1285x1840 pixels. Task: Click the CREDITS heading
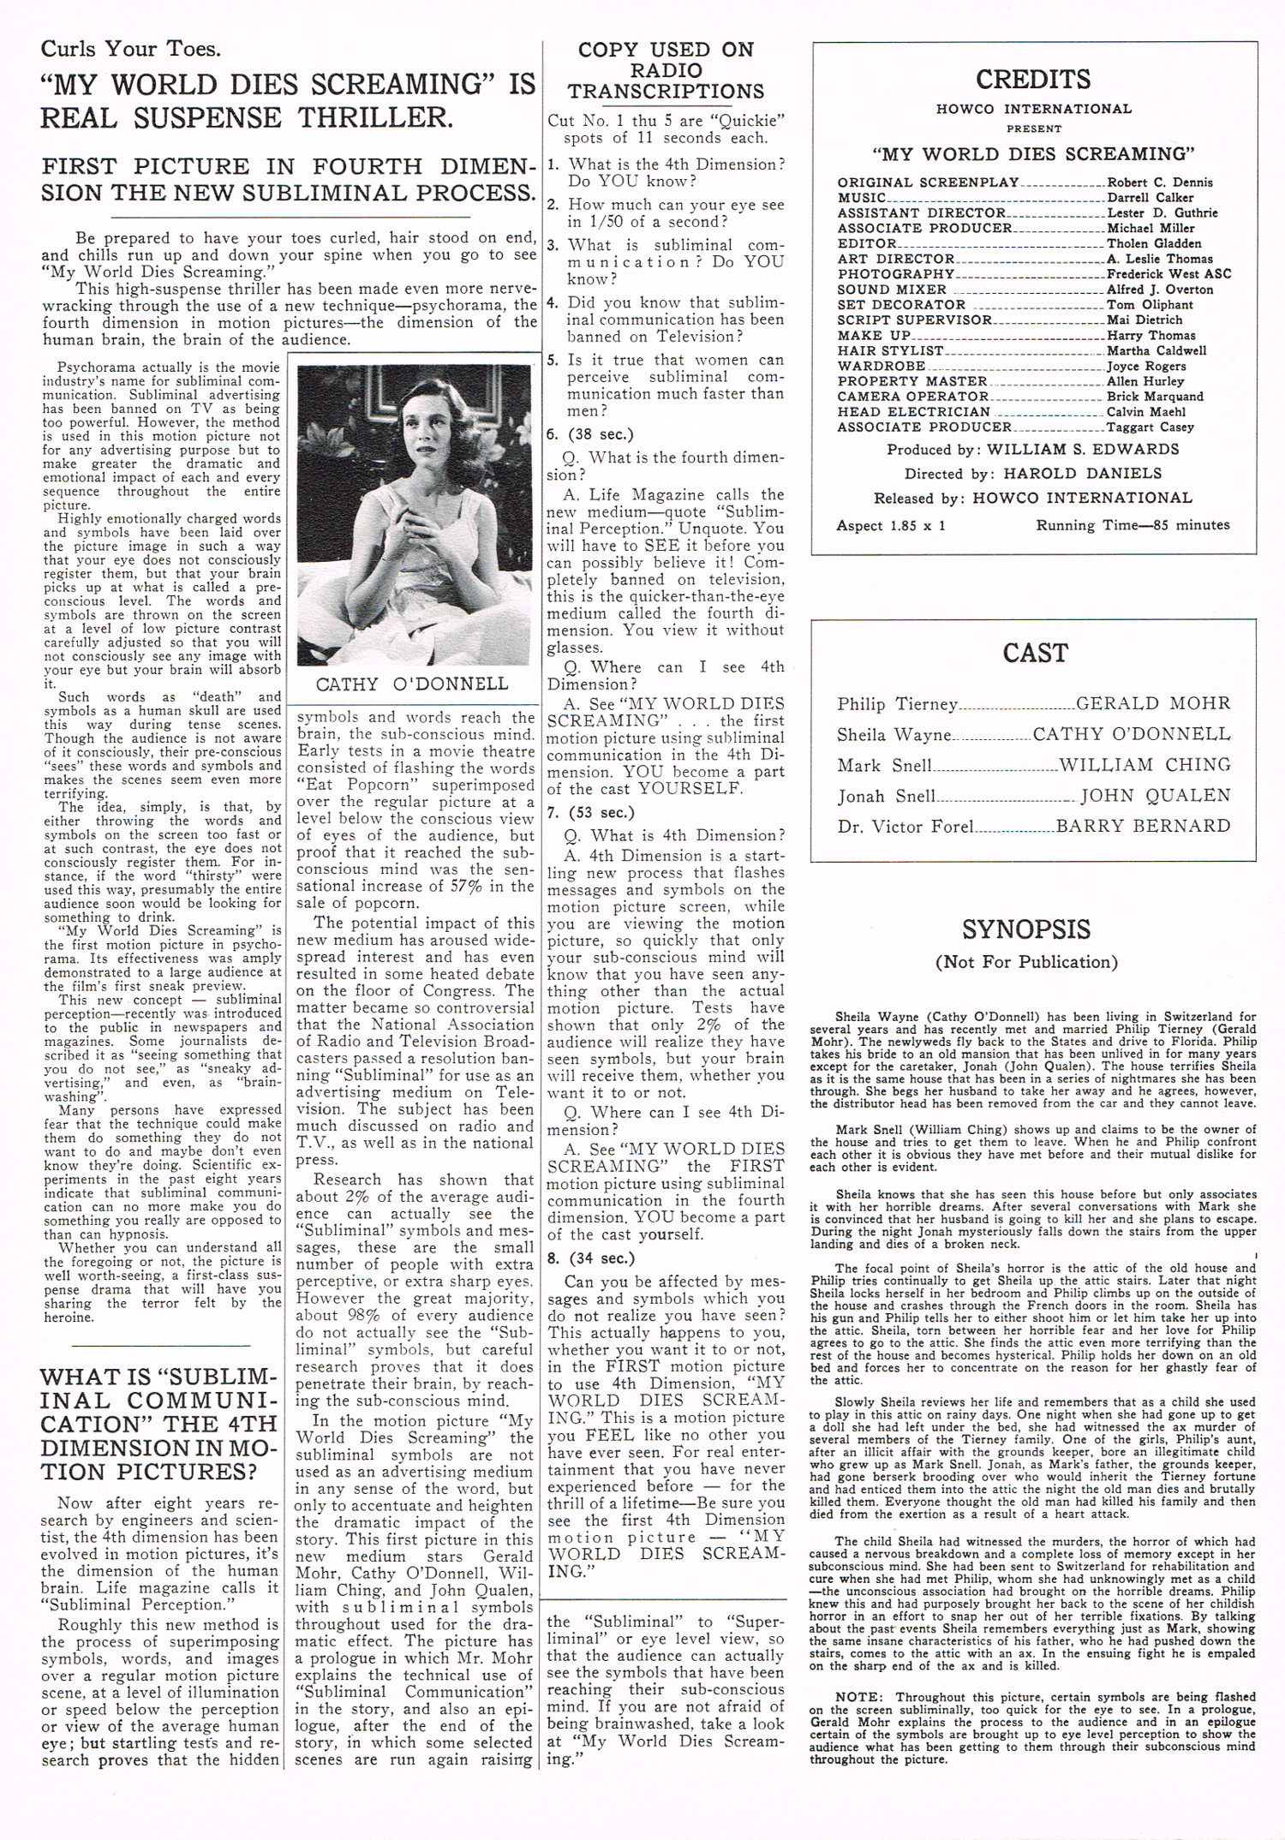pos(1032,80)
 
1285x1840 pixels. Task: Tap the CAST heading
pos(1034,653)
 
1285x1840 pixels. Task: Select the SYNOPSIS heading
pos(1025,929)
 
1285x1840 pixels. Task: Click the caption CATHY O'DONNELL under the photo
pos(411,684)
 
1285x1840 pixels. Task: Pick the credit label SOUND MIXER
pos(892,290)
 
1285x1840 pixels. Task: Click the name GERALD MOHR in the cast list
pos(1153,703)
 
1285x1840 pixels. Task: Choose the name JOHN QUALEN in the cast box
pos(1155,796)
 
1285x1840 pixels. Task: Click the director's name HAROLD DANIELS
pos(1083,474)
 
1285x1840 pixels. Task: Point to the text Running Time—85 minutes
pos(1133,525)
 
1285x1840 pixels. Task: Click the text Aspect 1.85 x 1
pos(891,525)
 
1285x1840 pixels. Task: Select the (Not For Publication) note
pos(1026,962)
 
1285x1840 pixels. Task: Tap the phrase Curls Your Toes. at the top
pos(130,48)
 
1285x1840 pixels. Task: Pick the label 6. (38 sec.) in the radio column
pos(590,434)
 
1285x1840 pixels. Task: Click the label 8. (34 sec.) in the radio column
pos(590,1258)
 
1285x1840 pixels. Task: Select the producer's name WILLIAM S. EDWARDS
pos(1083,450)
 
